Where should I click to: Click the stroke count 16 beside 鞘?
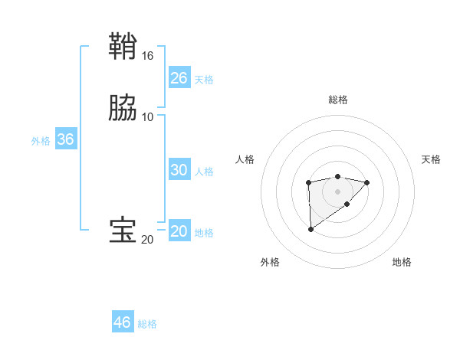click(148, 56)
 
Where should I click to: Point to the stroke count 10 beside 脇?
click(148, 116)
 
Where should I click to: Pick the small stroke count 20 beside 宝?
click(148, 240)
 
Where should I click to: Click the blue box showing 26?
click(179, 78)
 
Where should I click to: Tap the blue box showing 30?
click(179, 170)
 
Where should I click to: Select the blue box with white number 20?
click(179, 231)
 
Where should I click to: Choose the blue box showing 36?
click(66, 139)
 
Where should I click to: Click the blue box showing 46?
click(123, 322)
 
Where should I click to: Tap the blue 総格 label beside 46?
click(148, 324)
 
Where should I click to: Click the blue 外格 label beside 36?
click(41, 141)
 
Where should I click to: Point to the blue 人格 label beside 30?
click(205, 172)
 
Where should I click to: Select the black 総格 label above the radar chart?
click(338, 100)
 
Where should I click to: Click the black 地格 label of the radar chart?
click(402, 262)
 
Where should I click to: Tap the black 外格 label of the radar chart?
click(270, 262)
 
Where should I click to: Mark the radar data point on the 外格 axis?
click(310, 229)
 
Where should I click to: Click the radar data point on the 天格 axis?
click(367, 182)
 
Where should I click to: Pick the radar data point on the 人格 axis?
click(308, 182)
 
